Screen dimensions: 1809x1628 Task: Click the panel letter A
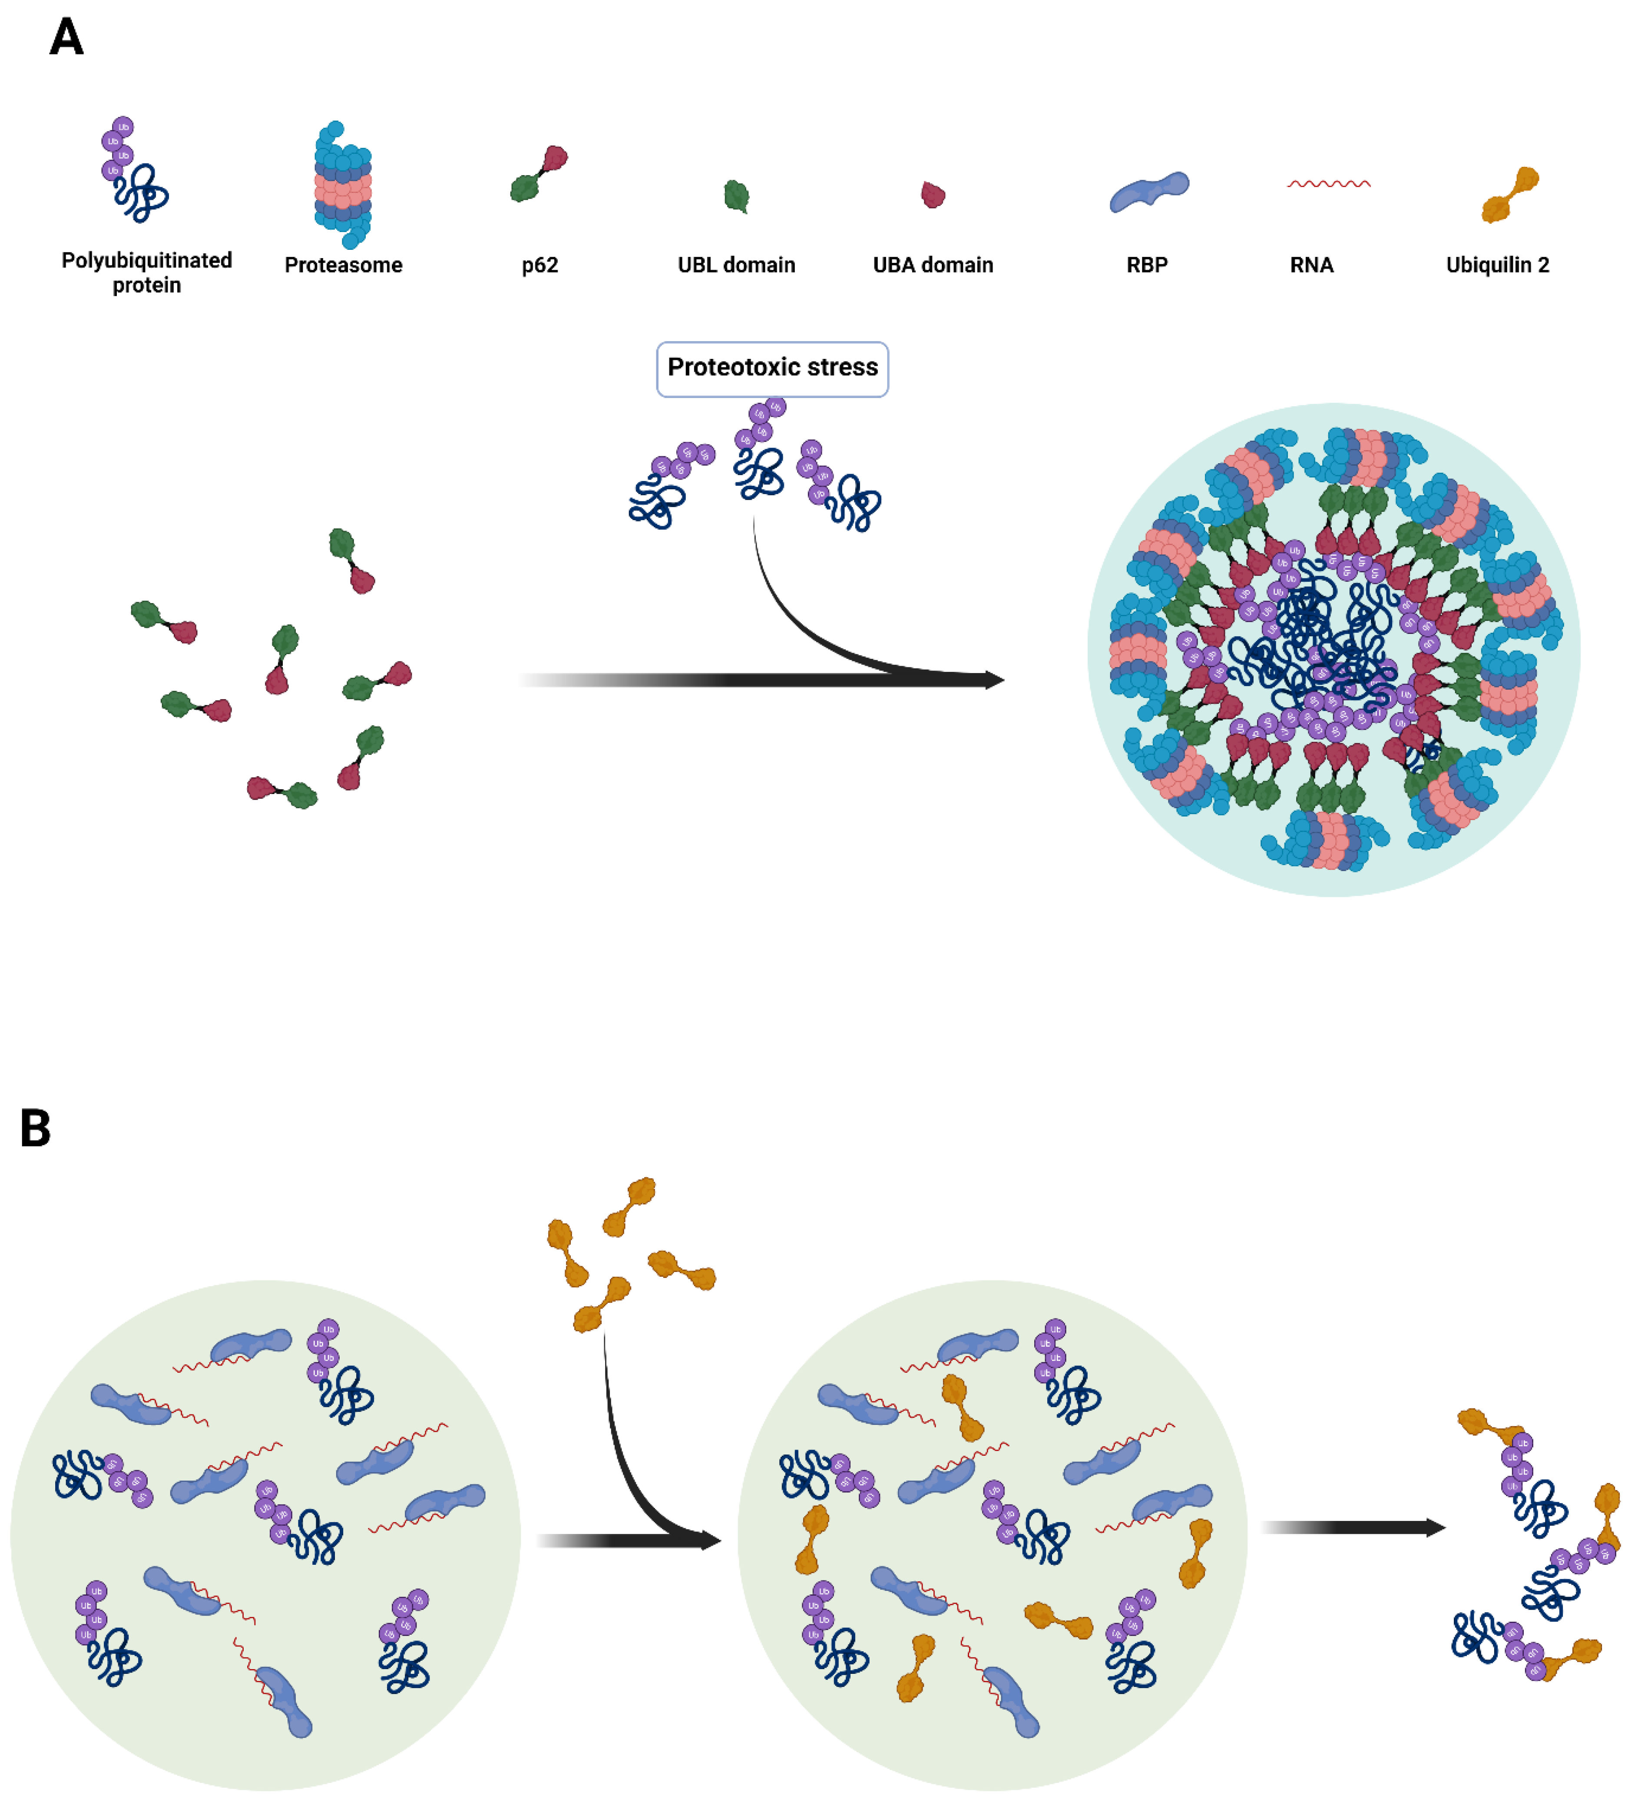click(x=66, y=37)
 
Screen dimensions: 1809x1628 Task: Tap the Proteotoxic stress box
click(x=772, y=368)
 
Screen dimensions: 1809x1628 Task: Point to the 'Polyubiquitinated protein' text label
click(x=147, y=272)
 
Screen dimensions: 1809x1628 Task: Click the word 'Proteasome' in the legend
click(x=343, y=265)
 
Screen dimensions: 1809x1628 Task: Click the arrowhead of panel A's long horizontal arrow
click(x=993, y=680)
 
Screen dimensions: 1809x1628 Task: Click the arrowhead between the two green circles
click(x=709, y=1540)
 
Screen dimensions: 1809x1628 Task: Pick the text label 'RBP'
click(x=1147, y=265)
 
